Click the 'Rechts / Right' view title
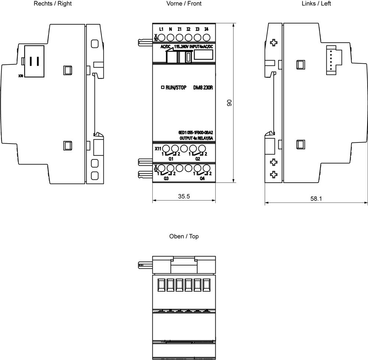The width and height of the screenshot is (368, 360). tap(53, 4)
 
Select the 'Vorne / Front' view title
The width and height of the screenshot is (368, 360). tap(184, 4)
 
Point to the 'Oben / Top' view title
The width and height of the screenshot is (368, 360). tap(184, 236)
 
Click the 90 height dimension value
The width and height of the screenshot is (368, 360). tap(229, 103)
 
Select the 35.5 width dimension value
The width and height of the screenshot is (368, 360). tap(184, 197)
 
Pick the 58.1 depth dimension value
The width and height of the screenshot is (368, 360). tap(316, 199)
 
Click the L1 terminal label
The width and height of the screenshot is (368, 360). tap(161, 29)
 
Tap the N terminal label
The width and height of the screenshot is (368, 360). tap(170, 29)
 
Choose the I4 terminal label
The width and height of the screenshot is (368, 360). tap(206, 29)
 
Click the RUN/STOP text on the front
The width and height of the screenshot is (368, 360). tap(176, 88)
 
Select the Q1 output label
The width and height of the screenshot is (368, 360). tap(171, 159)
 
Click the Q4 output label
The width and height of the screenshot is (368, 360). tap(202, 179)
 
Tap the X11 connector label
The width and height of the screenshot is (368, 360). tap(158, 148)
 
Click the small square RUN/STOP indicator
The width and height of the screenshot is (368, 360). tap(162, 88)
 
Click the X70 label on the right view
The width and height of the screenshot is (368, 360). tap(20, 77)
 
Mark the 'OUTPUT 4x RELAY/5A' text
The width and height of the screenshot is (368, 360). tap(196, 138)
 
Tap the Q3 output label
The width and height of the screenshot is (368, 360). tap(166, 179)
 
